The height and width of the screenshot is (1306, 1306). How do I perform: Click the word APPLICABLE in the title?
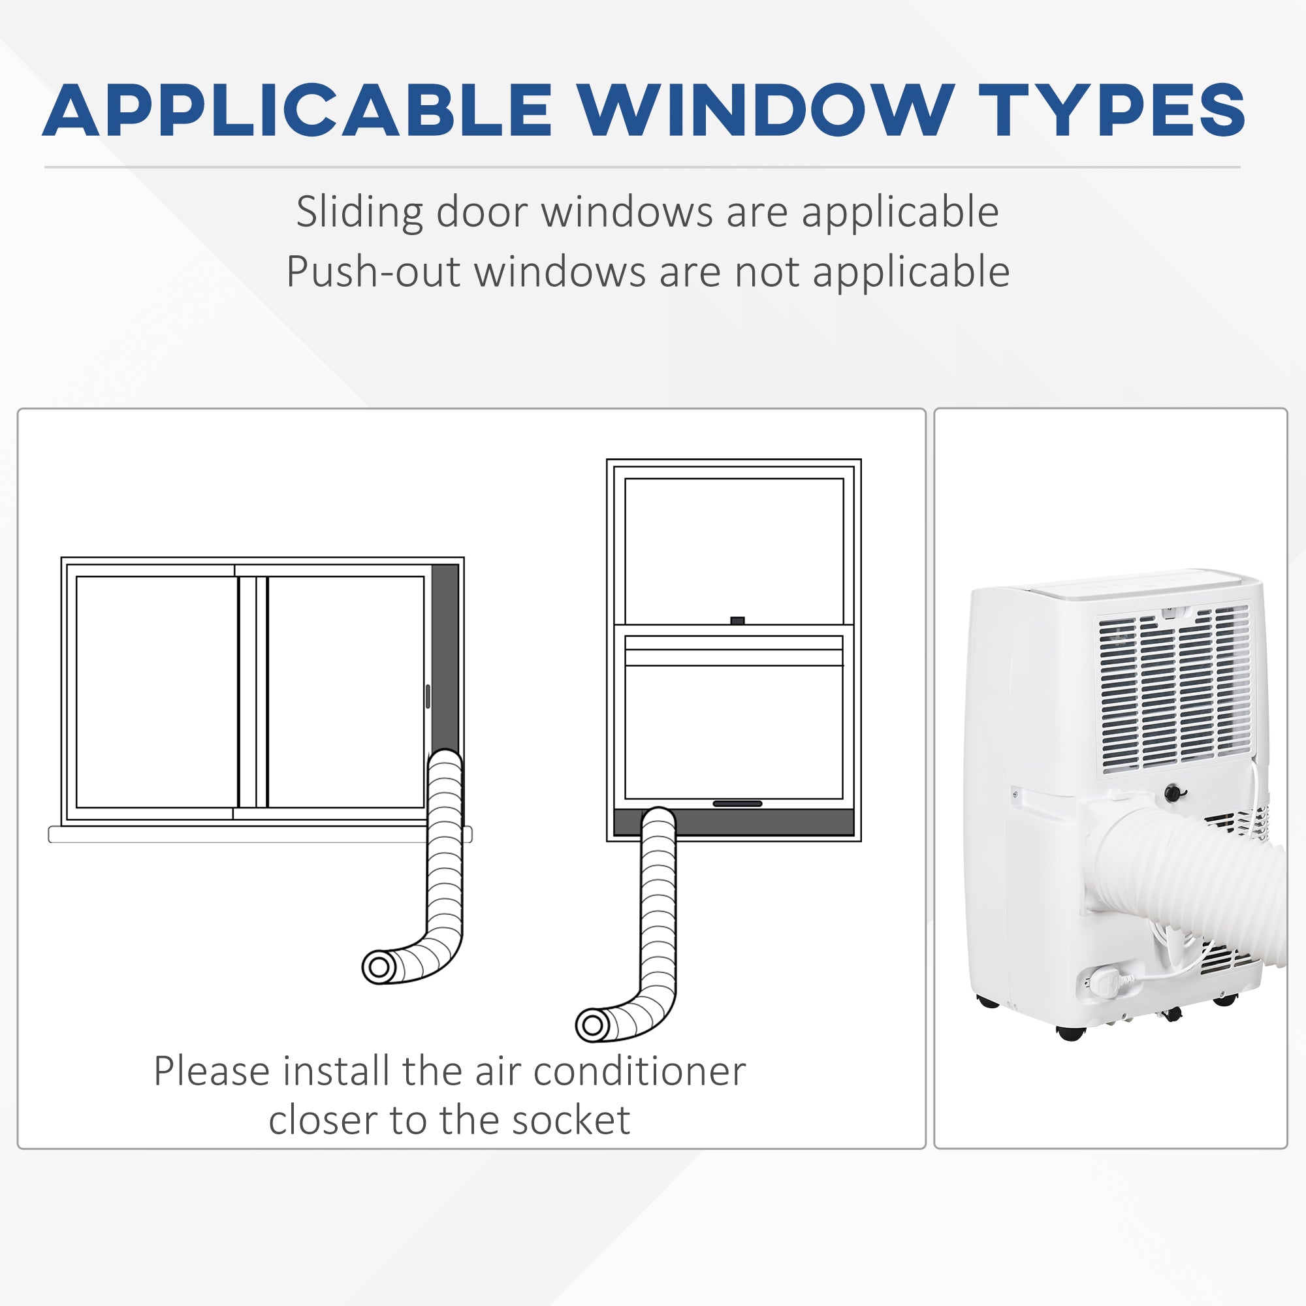296,110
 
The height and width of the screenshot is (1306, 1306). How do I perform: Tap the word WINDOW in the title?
765,110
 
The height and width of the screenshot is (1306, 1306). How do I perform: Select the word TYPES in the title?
1112,110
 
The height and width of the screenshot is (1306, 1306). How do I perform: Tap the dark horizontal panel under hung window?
734,822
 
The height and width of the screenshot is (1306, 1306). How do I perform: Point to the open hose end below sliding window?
379,967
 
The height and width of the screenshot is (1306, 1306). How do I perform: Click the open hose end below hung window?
593,1025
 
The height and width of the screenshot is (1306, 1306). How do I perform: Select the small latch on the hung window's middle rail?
737,620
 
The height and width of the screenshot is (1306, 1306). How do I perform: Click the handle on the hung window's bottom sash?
737,804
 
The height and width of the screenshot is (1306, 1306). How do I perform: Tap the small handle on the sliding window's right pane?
428,696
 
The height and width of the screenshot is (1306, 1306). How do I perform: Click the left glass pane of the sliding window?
157,692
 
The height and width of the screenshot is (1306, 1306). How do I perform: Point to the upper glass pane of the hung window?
734,552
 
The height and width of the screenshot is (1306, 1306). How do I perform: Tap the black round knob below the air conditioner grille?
1175,793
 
